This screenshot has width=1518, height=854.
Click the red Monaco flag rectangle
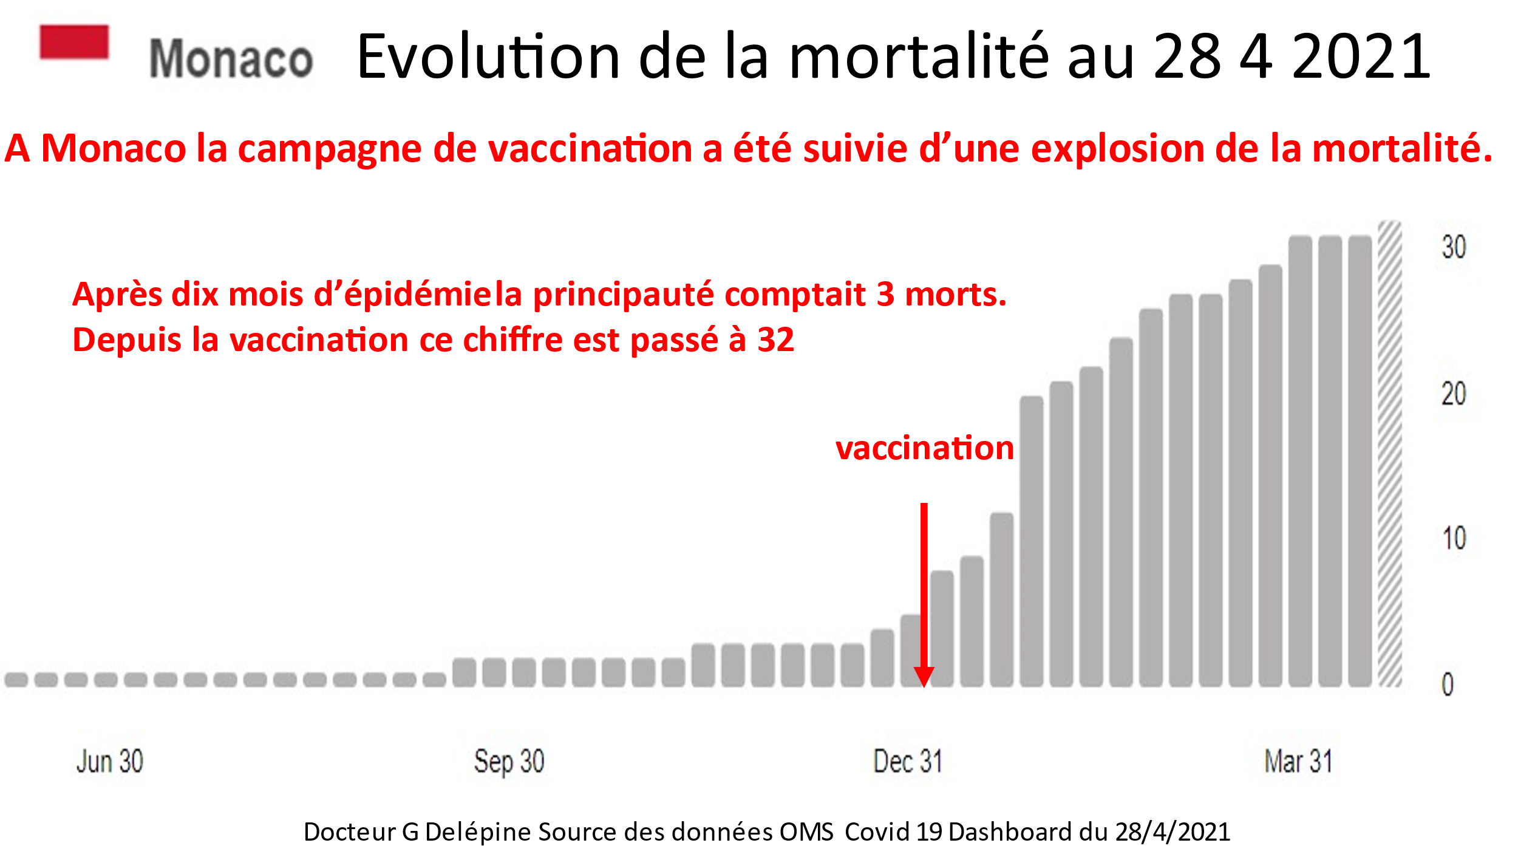click(74, 42)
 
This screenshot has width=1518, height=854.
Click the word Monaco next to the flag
click(231, 59)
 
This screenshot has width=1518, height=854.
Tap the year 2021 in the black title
click(1361, 56)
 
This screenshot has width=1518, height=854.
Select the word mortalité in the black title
click(918, 56)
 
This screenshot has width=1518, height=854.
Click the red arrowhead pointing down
click(924, 676)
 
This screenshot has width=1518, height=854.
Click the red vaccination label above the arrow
click(924, 448)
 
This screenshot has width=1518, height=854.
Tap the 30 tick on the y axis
click(1454, 247)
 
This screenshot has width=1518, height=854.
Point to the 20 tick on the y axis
click(1454, 394)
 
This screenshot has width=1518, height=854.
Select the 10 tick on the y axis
click(1454, 539)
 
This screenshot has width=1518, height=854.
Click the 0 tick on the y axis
click(1448, 685)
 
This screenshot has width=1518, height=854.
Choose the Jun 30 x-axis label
click(110, 761)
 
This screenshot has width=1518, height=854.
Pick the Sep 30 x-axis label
click(509, 761)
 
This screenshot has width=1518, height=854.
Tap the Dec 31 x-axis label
click(907, 761)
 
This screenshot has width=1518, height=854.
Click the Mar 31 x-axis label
click(1298, 761)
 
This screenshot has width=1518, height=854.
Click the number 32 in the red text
click(775, 340)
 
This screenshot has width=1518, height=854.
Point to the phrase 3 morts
click(941, 295)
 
